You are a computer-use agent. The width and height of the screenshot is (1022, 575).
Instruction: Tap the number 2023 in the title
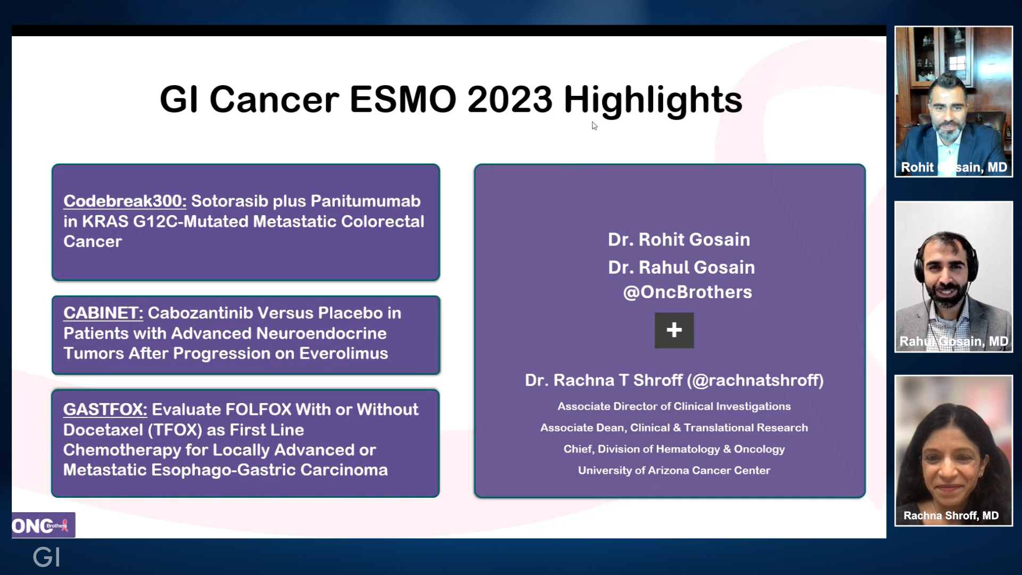[x=510, y=100]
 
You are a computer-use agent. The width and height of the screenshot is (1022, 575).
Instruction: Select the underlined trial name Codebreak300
[x=125, y=201]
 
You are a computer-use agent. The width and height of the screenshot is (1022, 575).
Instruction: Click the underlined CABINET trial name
[x=103, y=313]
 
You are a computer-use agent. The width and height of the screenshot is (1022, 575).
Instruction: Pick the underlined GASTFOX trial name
[x=105, y=409]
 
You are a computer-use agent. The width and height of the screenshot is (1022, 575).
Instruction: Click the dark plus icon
[x=674, y=330]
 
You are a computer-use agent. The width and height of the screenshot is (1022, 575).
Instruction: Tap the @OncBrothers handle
[x=688, y=292]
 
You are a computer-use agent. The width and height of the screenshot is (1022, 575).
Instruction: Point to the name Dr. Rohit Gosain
[x=679, y=240]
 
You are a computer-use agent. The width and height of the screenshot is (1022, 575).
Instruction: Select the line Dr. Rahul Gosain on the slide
[x=681, y=267]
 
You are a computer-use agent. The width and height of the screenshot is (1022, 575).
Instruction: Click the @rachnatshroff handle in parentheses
[x=755, y=380]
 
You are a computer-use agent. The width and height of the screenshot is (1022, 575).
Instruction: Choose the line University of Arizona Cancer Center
[x=674, y=471]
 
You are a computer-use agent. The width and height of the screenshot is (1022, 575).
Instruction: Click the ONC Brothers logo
[x=43, y=525]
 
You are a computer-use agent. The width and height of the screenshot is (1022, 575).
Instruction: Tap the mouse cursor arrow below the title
[x=595, y=126]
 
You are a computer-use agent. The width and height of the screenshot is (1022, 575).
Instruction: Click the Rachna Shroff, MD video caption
[x=951, y=515]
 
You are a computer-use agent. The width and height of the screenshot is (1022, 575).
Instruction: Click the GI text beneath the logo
[x=46, y=557]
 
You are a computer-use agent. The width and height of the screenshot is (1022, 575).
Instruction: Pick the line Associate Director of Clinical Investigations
[x=674, y=407]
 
